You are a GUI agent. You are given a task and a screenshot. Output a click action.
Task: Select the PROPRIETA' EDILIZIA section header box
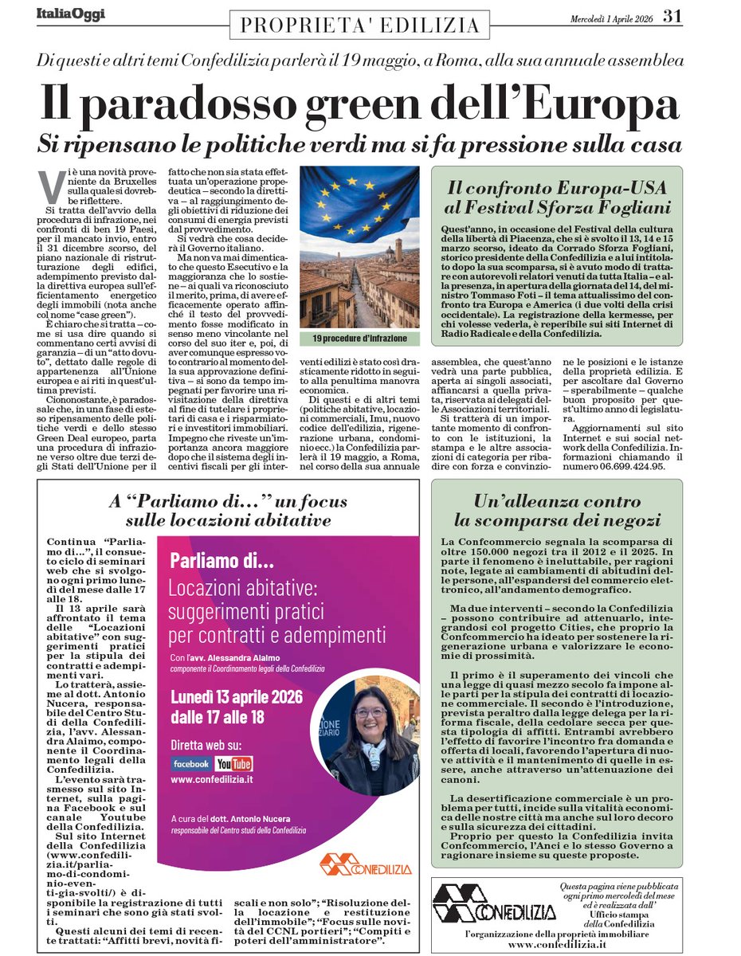(x=355, y=25)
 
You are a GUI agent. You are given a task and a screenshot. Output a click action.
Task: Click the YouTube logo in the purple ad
(x=233, y=764)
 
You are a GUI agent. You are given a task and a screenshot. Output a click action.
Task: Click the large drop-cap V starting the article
(x=54, y=184)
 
